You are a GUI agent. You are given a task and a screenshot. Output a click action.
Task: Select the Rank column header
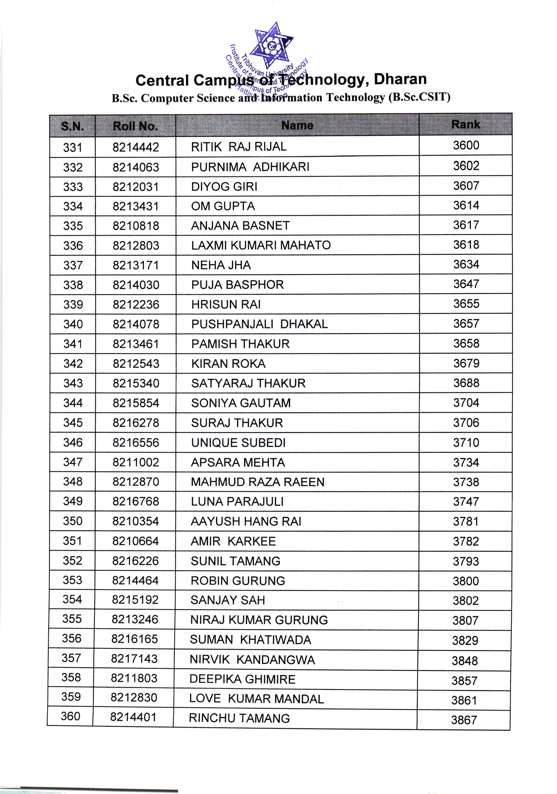[x=465, y=125]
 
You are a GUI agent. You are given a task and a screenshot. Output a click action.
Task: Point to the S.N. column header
[x=72, y=126]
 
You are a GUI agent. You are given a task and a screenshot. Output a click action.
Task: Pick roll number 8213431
[x=136, y=206]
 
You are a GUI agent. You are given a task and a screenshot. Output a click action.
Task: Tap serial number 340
[x=73, y=324]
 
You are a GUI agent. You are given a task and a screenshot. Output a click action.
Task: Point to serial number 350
[x=73, y=521]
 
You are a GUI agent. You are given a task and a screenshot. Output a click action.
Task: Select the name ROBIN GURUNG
[x=238, y=581]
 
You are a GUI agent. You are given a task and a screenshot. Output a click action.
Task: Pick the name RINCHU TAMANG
[x=239, y=718]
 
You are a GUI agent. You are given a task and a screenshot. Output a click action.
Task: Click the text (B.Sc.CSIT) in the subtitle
[x=419, y=97]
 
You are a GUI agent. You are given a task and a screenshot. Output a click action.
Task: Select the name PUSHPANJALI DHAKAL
[x=259, y=324]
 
